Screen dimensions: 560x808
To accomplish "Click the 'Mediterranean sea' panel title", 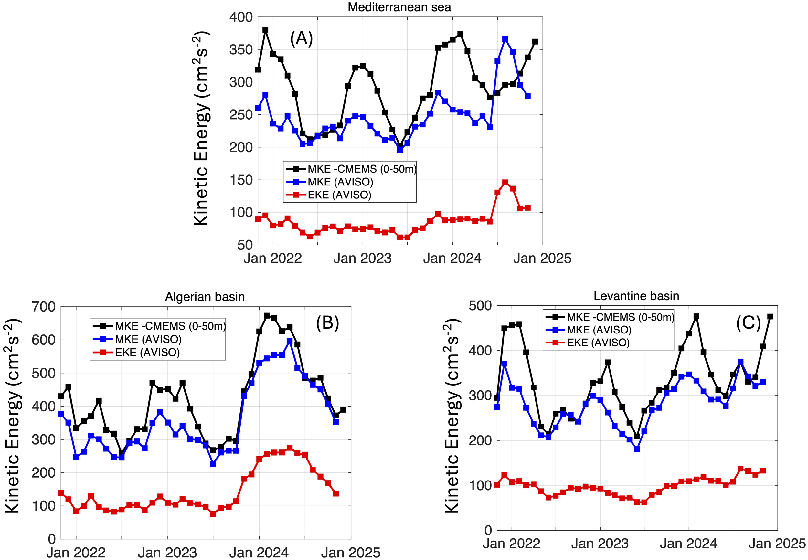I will pyautogui.click(x=399, y=7).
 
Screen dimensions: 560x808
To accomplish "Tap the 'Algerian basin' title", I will pyautogui.click(x=205, y=297).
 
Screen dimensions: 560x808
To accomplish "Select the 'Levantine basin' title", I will pyautogui.click(x=636, y=296).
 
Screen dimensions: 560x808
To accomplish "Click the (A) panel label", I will pyautogui.click(x=301, y=38).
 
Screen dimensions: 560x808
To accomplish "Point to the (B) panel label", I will pyautogui.click(x=327, y=322).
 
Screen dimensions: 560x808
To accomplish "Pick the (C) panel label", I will pyautogui.click(x=748, y=322).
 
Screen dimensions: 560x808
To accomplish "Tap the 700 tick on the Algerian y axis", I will pyautogui.click(x=44, y=307).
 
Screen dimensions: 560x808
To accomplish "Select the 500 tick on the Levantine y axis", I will pyautogui.click(x=480, y=306).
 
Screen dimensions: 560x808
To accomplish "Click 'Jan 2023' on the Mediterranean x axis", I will pyautogui.click(x=362, y=259).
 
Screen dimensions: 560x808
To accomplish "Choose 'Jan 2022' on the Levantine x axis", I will pyautogui.click(x=511, y=544).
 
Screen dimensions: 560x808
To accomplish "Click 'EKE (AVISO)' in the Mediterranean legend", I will pyautogui.click(x=339, y=195).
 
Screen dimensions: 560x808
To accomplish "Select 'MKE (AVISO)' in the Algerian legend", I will pyautogui.click(x=148, y=339).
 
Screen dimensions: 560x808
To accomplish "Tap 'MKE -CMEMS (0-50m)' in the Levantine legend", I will pyautogui.click(x=620, y=317).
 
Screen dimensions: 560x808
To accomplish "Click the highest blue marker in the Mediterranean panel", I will pyautogui.click(x=505, y=39).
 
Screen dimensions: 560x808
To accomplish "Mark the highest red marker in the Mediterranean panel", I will pyautogui.click(x=505, y=183).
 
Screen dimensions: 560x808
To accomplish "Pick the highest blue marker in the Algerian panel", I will pyautogui.click(x=290, y=341).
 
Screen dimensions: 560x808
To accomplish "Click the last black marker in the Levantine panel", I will pyautogui.click(x=770, y=316).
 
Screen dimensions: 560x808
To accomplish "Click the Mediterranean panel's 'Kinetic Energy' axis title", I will pyautogui.click(x=201, y=128).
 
